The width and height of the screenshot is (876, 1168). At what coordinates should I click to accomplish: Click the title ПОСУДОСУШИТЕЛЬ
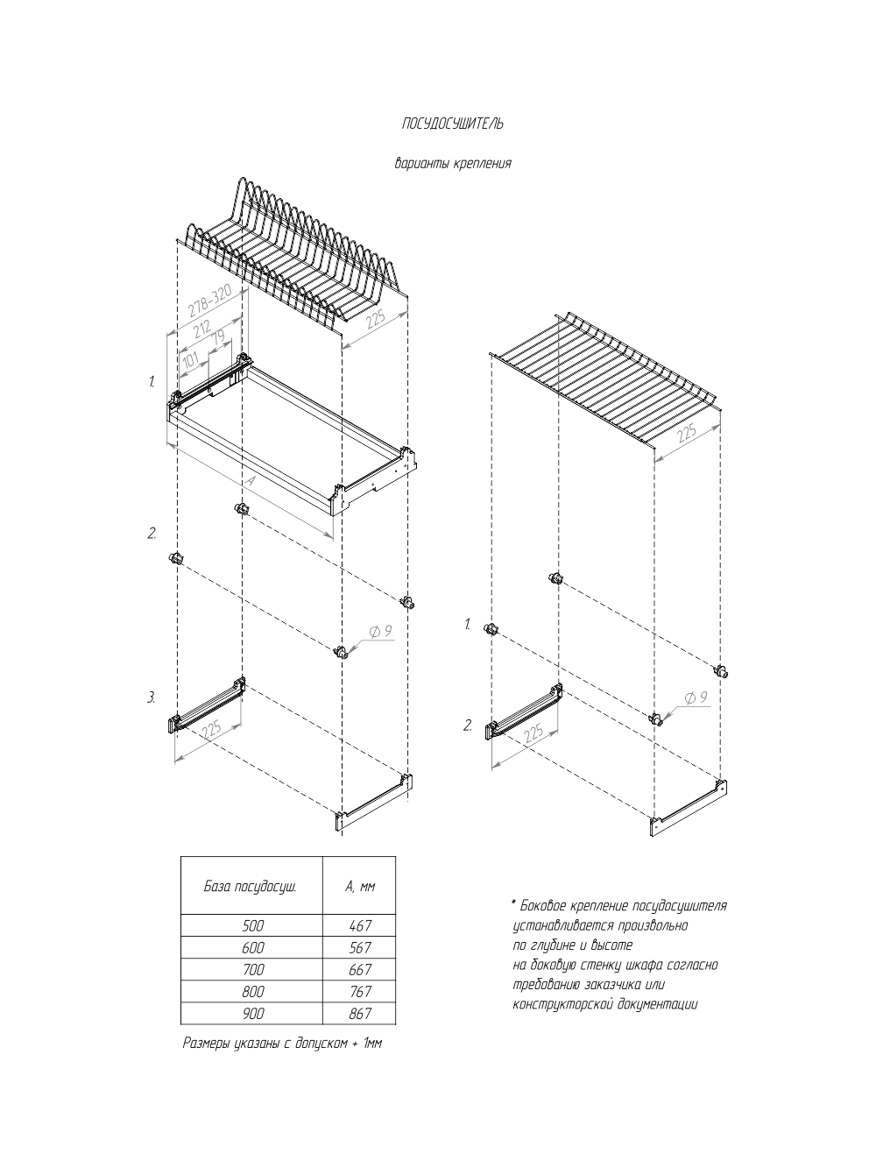[452, 124]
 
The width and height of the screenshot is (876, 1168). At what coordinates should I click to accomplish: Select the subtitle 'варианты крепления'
[452, 163]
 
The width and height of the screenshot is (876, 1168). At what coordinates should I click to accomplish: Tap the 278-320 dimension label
[209, 301]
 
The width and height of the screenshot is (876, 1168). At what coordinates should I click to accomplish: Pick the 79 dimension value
[218, 337]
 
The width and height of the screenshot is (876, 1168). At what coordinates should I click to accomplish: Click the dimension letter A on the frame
[250, 483]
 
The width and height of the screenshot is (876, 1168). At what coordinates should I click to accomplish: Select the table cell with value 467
[359, 925]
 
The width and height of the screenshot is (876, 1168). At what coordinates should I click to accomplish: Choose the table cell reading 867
[359, 1014]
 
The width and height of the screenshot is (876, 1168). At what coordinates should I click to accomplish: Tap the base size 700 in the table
[252, 970]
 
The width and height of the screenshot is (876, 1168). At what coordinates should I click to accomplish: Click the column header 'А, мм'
[359, 886]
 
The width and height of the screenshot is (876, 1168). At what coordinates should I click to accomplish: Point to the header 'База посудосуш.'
[251, 886]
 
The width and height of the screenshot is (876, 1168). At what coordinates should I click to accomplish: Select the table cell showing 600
[252, 948]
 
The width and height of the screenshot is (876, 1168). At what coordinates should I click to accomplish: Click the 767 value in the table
[359, 992]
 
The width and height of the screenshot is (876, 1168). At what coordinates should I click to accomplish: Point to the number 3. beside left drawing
[151, 697]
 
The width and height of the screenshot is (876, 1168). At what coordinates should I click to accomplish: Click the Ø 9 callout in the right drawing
[696, 698]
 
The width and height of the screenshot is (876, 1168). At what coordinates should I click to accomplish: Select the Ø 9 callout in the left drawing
[380, 633]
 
